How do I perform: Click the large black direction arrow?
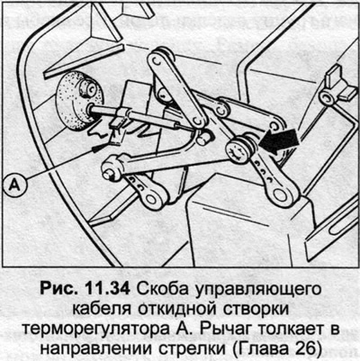(279, 140)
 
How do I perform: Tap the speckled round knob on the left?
(79, 101)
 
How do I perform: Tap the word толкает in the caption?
(291, 329)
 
